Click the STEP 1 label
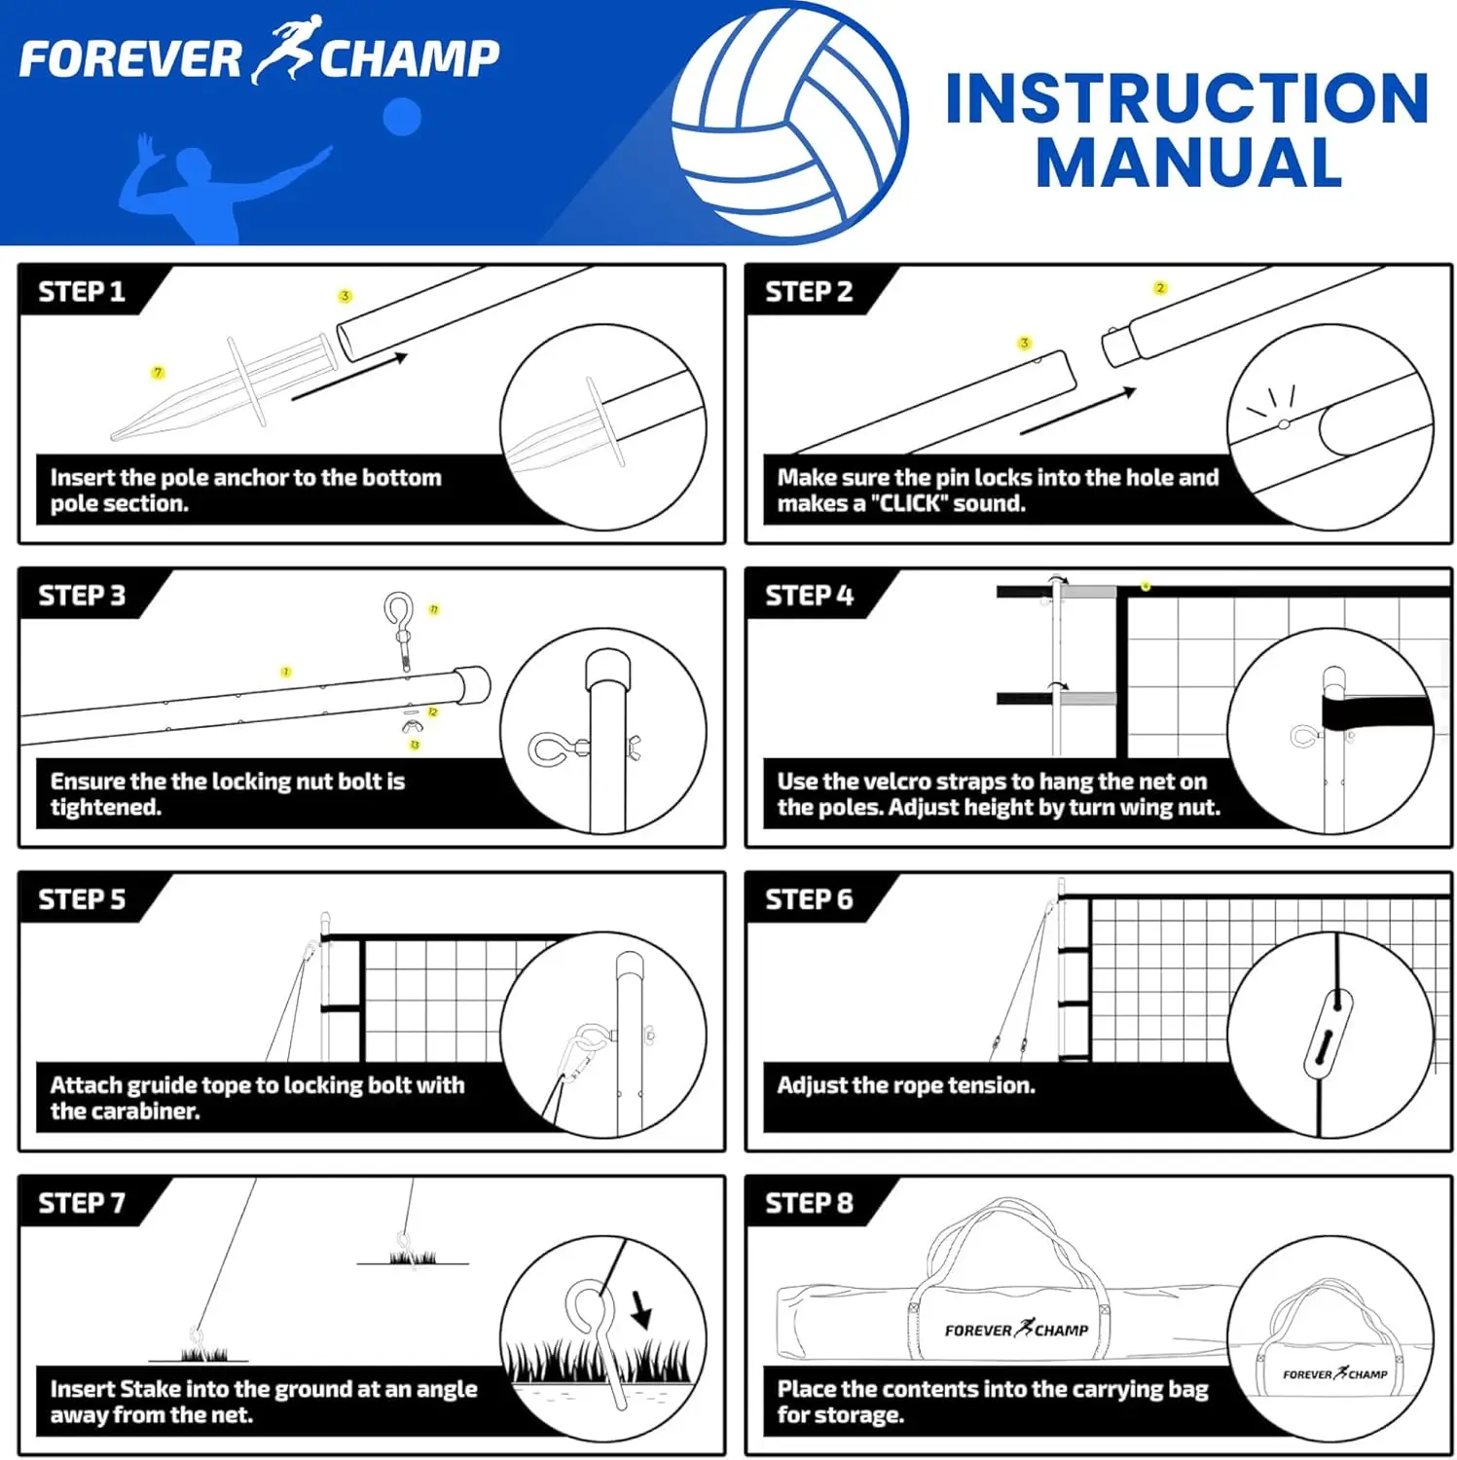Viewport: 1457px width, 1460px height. (82, 292)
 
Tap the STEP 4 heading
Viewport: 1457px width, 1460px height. (809, 596)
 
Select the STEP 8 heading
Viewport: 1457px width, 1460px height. (809, 1203)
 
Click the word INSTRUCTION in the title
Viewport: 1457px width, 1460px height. (1186, 99)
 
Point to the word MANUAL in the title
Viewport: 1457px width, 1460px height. (1188, 164)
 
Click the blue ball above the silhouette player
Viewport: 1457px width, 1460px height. (401, 117)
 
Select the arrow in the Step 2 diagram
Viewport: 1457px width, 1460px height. (1077, 411)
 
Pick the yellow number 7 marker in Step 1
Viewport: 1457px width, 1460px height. (158, 373)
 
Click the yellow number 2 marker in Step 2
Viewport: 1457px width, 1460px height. (1159, 288)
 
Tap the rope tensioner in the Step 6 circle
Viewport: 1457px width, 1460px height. (1330, 1034)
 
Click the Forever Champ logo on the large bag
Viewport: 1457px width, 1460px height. (1015, 1330)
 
